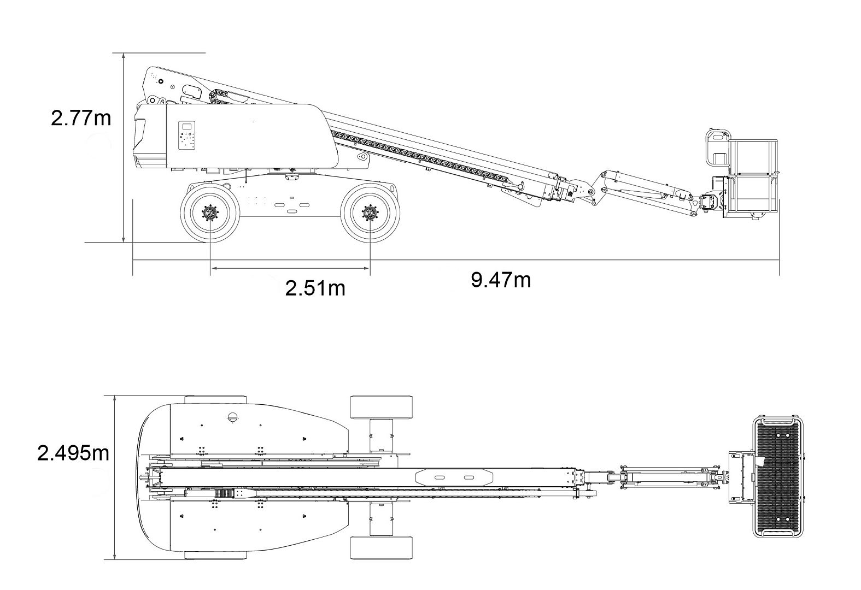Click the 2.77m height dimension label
tap(81, 117)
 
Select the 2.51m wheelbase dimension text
tap(315, 288)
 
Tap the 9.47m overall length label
tap(501, 280)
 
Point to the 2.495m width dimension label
tap(73, 453)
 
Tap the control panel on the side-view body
tap(188, 135)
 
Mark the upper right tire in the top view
tap(382, 406)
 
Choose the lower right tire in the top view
tap(382, 548)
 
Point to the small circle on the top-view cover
tap(232, 417)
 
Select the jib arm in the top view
tap(670, 476)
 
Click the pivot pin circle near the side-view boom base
tap(361, 157)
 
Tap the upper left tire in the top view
tap(215, 399)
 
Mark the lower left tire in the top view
tap(215, 555)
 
